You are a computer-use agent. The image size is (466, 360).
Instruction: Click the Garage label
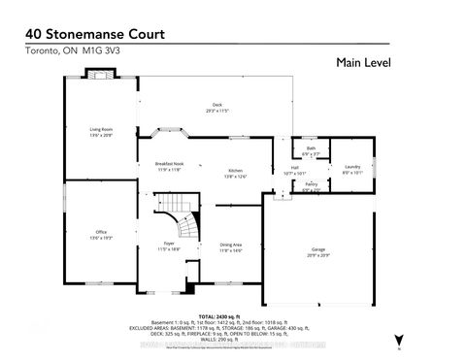(317, 249)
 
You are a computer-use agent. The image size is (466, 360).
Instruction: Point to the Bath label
(310, 148)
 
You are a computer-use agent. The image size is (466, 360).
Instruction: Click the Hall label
(293, 168)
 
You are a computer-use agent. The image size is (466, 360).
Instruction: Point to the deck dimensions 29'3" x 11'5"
(217, 112)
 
